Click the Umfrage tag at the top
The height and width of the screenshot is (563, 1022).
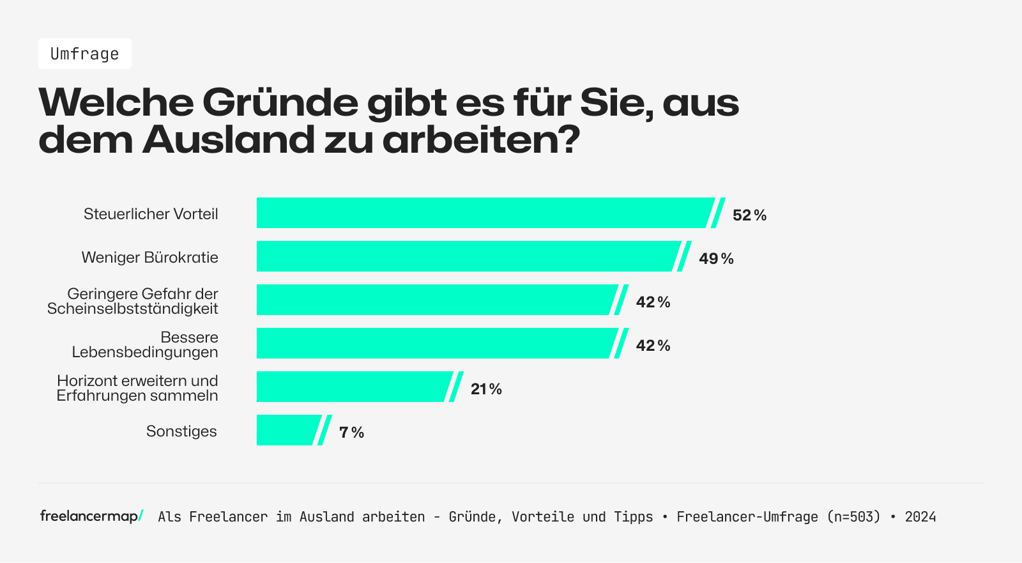[84, 54]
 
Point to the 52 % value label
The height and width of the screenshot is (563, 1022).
[749, 215]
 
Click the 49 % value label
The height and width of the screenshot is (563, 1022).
[716, 259]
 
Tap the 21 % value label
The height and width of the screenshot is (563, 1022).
[486, 389]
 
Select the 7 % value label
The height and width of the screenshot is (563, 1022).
[351, 433]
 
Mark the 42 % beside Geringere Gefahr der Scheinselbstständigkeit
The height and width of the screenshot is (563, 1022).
[653, 302]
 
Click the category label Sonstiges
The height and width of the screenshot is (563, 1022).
[181, 431]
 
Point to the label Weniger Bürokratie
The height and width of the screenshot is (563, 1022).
[150, 258]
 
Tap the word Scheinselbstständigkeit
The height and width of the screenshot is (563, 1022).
[133, 309]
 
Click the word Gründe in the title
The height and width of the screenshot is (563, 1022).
[280, 102]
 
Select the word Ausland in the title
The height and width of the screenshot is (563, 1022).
[229, 140]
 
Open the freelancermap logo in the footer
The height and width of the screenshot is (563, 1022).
[91, 516]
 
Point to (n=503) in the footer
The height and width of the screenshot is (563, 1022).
[853, 517]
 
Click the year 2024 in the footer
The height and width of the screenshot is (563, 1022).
[920, 517]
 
